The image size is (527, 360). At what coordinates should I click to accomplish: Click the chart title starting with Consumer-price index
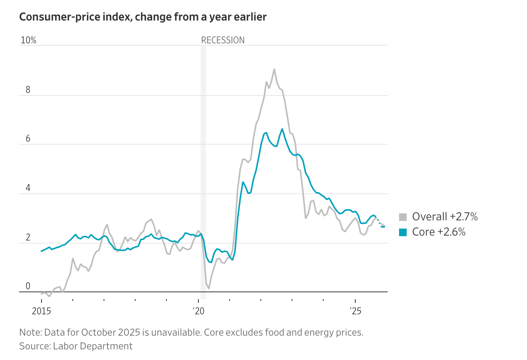click(143, 17)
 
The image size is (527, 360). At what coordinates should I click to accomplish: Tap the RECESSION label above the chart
click(223, 40)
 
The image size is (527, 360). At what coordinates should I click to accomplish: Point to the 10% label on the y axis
click(29, 40)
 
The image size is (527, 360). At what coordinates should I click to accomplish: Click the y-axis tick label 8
click(28, 90)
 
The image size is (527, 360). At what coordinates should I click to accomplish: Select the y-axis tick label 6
click(28, 139)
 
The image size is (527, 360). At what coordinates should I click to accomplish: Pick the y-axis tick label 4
click(28, 188)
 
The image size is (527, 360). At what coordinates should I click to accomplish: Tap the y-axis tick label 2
click(28, 237)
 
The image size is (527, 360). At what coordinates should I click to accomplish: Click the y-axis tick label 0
click(28, 286)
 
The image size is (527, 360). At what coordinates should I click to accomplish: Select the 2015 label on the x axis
click(42, 311)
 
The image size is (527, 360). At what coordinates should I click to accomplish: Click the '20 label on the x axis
click(198, 311)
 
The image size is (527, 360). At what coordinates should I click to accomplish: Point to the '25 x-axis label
click(355, 311)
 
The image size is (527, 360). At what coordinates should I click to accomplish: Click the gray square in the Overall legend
click(403, 217)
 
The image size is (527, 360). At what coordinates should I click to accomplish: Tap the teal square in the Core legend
click(403, 232)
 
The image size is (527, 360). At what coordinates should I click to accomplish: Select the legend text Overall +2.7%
click(445, 217)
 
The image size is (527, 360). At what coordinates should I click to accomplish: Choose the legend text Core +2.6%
click(439, 232)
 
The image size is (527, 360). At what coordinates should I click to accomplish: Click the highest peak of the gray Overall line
click(274, 69)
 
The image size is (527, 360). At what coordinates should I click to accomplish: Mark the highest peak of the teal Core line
click(282, 129)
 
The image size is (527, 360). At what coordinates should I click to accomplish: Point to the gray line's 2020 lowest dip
click(209, 288)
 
